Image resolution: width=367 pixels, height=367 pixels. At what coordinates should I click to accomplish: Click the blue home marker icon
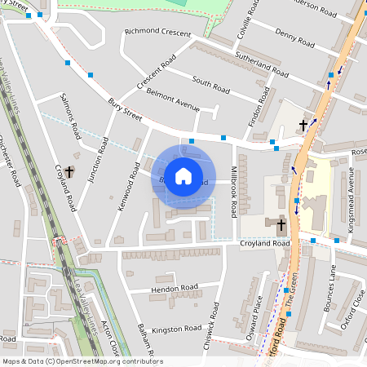coord(183,175)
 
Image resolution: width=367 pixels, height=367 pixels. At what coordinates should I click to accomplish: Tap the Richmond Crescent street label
coord(157,33)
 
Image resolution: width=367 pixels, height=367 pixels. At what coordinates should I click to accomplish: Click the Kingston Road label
coord(176,329)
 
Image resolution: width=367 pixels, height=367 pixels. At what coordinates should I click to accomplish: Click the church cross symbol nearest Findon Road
coord(303,125)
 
